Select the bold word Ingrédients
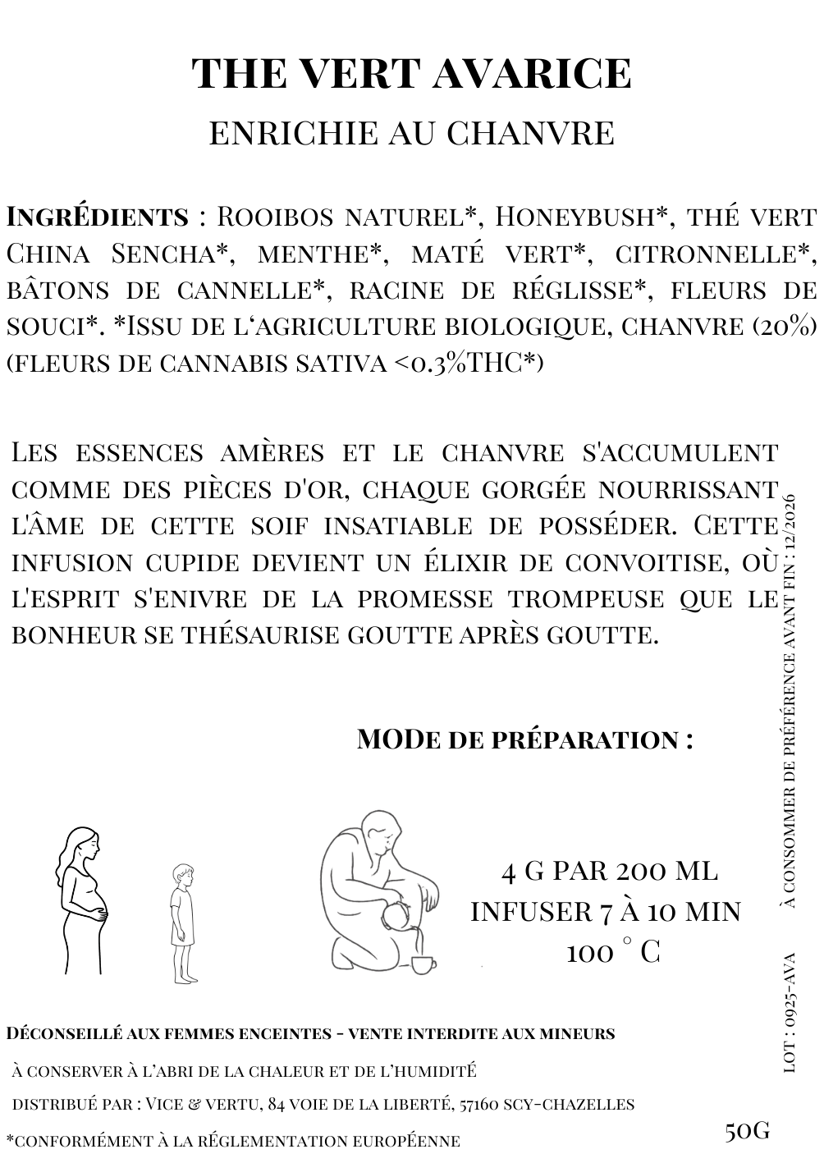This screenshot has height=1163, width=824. (98, 217)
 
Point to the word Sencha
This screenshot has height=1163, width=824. (169, 254)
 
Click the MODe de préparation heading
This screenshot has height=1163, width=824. (525, 739)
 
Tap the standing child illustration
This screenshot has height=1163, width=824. (182, 923)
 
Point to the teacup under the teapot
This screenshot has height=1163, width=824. (422, 964)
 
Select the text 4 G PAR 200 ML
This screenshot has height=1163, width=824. (609, 871)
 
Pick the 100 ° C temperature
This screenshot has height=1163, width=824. (612, 953)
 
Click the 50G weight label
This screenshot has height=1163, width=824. (747, 1131)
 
